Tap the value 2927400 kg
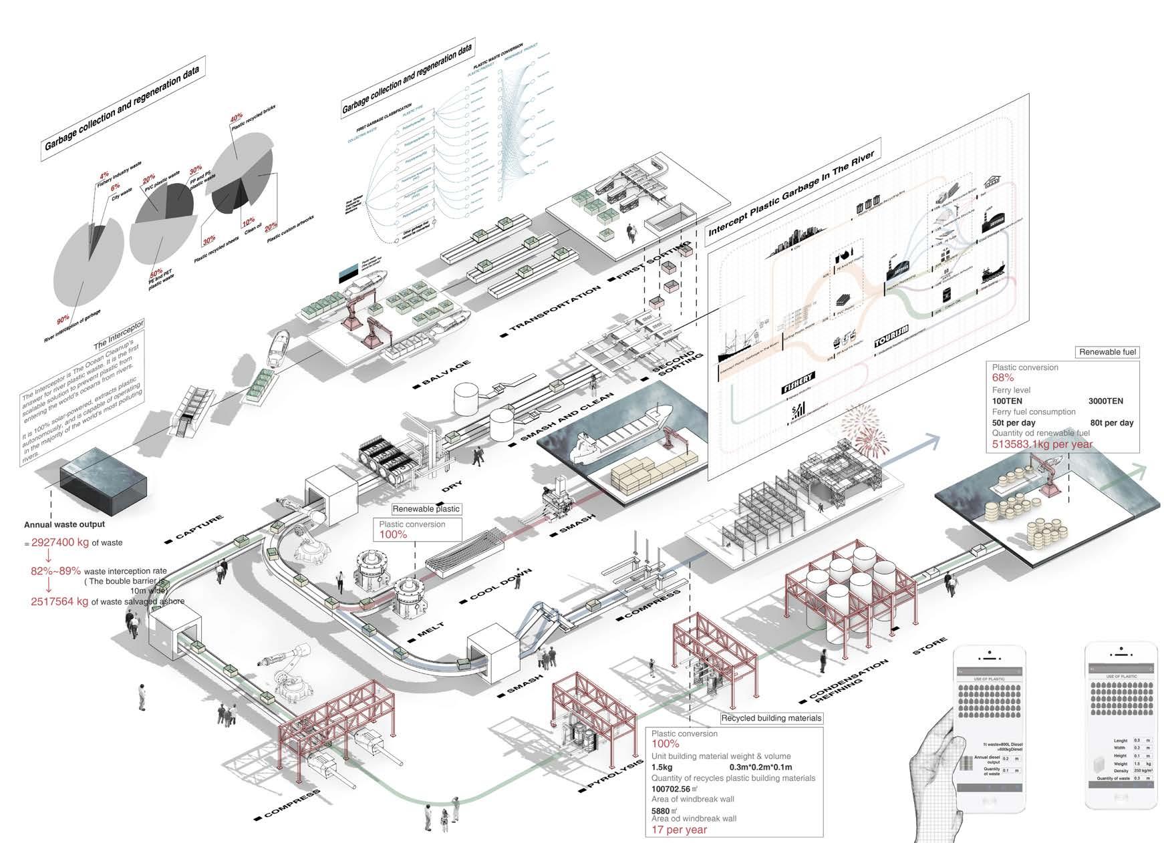point(60,542)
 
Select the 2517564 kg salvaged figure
point(59,601)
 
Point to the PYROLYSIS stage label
point(611,769)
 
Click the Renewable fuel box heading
point(1108,352)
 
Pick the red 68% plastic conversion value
point(1003,378)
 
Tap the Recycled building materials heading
point(771,718)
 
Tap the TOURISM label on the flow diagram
point(892,338)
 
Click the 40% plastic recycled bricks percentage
point(236,118)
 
